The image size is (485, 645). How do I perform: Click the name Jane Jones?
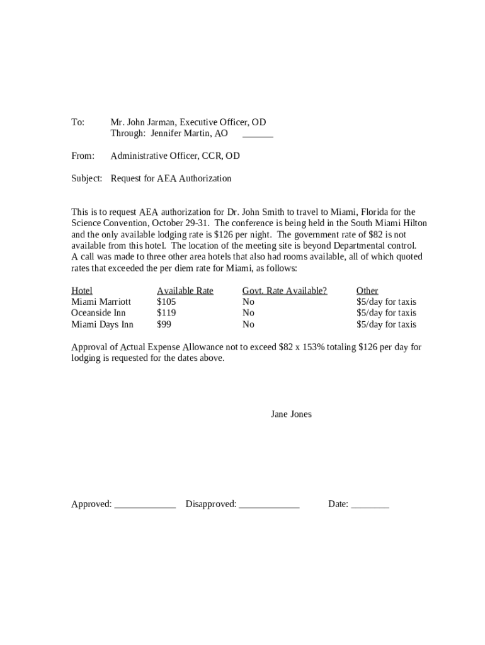click(291, 414)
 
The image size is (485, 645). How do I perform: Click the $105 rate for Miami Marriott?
click(166, 302)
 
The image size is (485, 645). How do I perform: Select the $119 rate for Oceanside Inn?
click(166, 313)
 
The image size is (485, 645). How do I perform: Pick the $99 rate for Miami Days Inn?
click(164, 324)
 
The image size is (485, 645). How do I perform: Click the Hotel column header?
click(82, 290)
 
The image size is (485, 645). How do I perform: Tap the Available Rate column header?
click(185, 290)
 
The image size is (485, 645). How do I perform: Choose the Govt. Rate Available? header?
click(285, 290)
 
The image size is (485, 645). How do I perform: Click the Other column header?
click(367, 290)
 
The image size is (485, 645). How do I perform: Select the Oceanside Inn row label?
click(98, 313)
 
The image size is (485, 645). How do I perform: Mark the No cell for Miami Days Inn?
click(248, 324)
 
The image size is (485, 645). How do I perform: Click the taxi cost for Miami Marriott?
click(386, 302)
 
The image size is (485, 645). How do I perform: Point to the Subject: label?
click(86, 178)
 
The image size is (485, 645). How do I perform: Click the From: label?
click(83, 156)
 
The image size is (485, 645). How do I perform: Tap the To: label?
click(77, 122)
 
